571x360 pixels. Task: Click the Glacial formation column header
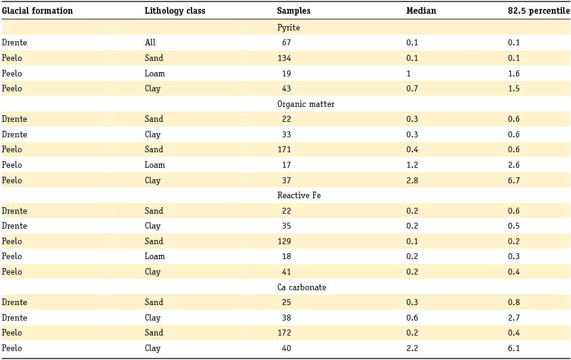(37, 11)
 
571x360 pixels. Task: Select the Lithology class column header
(175, 11)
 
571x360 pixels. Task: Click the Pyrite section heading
(288, 27)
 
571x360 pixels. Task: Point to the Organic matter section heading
(305, 104)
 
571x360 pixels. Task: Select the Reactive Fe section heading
(299, 195)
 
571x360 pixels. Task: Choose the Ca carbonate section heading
(301, 287)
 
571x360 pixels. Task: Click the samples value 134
(284, 58)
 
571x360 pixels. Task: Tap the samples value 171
(284, 149)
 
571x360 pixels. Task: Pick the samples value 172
(284, 333)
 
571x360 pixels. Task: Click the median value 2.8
(412, 180)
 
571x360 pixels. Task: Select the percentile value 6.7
(514, 180)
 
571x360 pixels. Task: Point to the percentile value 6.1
(514, 348)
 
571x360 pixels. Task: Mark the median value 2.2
(412, 348)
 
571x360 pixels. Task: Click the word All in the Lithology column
(150, 42)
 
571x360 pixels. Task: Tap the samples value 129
(284, 241)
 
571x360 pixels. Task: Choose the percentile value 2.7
(514, 318)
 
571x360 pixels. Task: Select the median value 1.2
(412, 165)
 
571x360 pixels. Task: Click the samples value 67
(286, 42)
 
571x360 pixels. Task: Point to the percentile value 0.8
(514, 302)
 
